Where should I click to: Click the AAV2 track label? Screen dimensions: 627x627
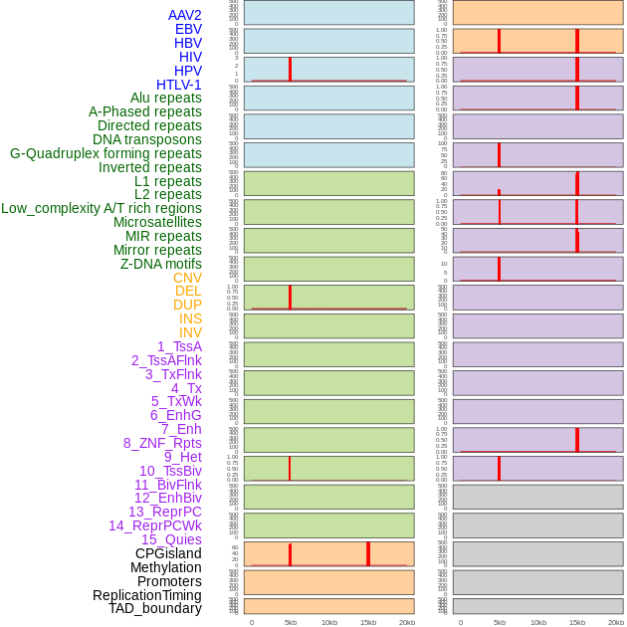click(x=185, y=15)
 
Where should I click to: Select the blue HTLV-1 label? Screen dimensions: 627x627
click(x=179, y=85)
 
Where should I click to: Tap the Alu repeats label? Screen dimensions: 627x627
click(x=166, y=98)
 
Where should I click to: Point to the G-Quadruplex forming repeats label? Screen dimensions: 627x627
click(x=105, y=153)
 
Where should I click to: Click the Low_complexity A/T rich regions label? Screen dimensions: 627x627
click(x=102, y=208)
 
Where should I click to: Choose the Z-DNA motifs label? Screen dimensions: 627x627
click(x=161, y=264)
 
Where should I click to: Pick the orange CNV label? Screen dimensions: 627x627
click(x=187, y=278)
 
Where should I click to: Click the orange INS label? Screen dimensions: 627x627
click(x=190, y=318)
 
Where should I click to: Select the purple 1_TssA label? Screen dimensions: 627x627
click(x=179, y=346)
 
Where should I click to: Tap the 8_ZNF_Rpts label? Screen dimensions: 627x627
click(x=162, y=443)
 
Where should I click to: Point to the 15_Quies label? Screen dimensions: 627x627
click(x=171, y=539)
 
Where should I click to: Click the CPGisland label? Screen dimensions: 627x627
click(x=168, y=553)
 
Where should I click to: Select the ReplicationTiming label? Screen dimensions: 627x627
click(x=147, y=595)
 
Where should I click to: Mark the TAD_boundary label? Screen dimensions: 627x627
click(x=155, y=608)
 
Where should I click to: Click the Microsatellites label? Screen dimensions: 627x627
click(x=157, y=222)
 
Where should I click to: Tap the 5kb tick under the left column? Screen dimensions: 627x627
click(x=291, y=622)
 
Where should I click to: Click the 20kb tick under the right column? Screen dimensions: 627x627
click(x=616, y=622)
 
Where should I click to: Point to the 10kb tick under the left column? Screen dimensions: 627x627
click(x=329, y=622)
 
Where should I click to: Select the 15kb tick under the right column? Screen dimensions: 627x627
click(x=577, y=622)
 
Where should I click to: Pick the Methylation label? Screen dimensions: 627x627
click(x=166, y=567)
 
